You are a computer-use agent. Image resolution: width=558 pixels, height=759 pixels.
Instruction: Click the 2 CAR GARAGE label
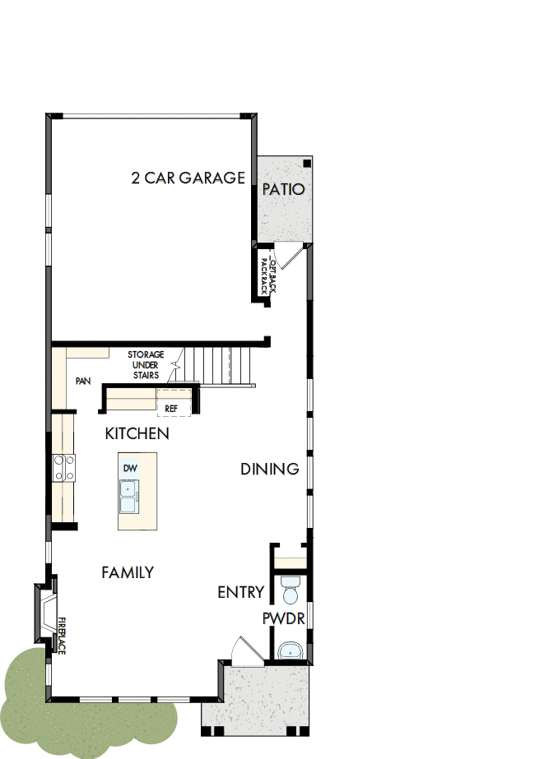click(x=188, y=178)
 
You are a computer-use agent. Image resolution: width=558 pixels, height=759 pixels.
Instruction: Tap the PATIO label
click(x=283, y=189)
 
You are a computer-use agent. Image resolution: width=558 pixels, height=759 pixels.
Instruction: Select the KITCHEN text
click(x=137, y=433)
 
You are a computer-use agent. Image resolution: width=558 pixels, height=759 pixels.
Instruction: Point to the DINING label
click(x=269, y=469)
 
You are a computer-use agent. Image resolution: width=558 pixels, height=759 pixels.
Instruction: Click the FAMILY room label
click(x=128, y=572)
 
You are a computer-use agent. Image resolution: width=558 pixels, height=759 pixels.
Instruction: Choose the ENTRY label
click(x=240, y=592)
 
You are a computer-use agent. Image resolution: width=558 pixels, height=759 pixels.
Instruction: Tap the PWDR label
click(x=284, y=618)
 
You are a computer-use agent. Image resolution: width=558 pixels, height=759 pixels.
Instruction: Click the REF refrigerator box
click(x=172, y=407)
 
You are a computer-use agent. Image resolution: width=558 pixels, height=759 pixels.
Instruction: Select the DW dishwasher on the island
click(x=129, y=468)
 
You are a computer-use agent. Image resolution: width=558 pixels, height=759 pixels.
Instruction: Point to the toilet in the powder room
click(x=291, y=590)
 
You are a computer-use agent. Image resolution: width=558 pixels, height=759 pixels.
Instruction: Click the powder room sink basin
click(x=290, y=651)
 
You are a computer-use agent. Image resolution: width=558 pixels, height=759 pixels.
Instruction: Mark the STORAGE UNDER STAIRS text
click(x=146, y=364)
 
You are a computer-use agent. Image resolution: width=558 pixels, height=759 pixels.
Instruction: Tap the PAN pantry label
click(x=83, y=382)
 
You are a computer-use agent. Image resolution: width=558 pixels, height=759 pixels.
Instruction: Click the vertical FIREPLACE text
click(x=62, y=636)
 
